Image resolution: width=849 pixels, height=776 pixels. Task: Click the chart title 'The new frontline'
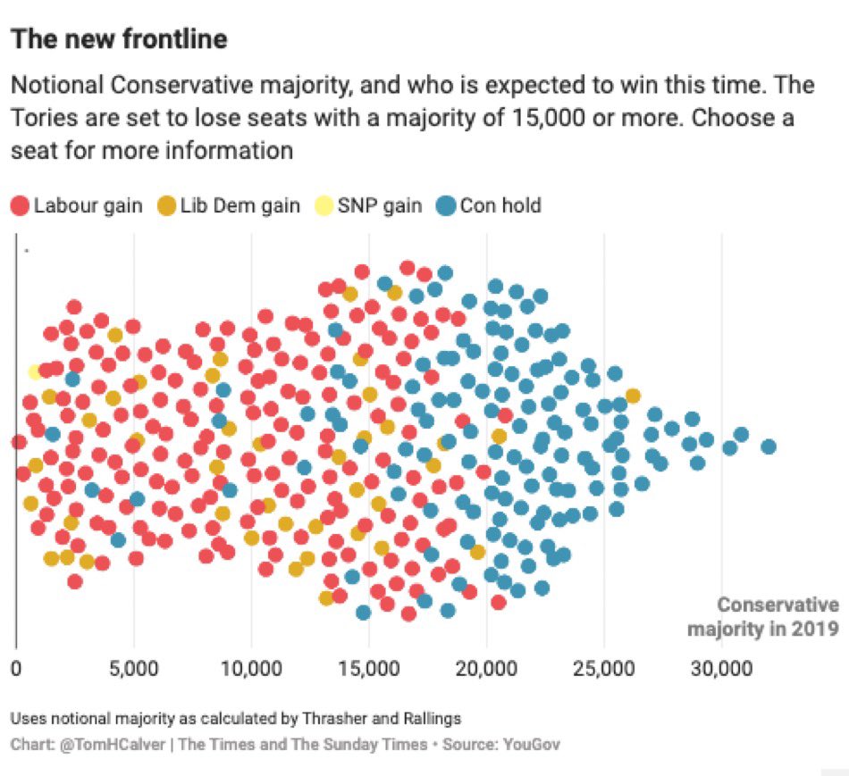(118, 40)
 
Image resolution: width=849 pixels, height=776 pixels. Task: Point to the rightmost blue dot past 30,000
(768, 446)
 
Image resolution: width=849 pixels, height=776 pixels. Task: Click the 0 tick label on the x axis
(16, 668)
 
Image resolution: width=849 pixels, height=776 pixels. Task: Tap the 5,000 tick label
(134, 668)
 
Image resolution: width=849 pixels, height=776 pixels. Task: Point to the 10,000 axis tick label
(251, 668)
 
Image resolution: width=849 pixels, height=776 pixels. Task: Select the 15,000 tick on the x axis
(369, 668)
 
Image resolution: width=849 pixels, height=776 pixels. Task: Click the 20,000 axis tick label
(486, 668)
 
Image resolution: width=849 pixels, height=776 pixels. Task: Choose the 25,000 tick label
(604, 668)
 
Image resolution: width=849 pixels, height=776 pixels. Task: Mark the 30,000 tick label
(721, 668)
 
